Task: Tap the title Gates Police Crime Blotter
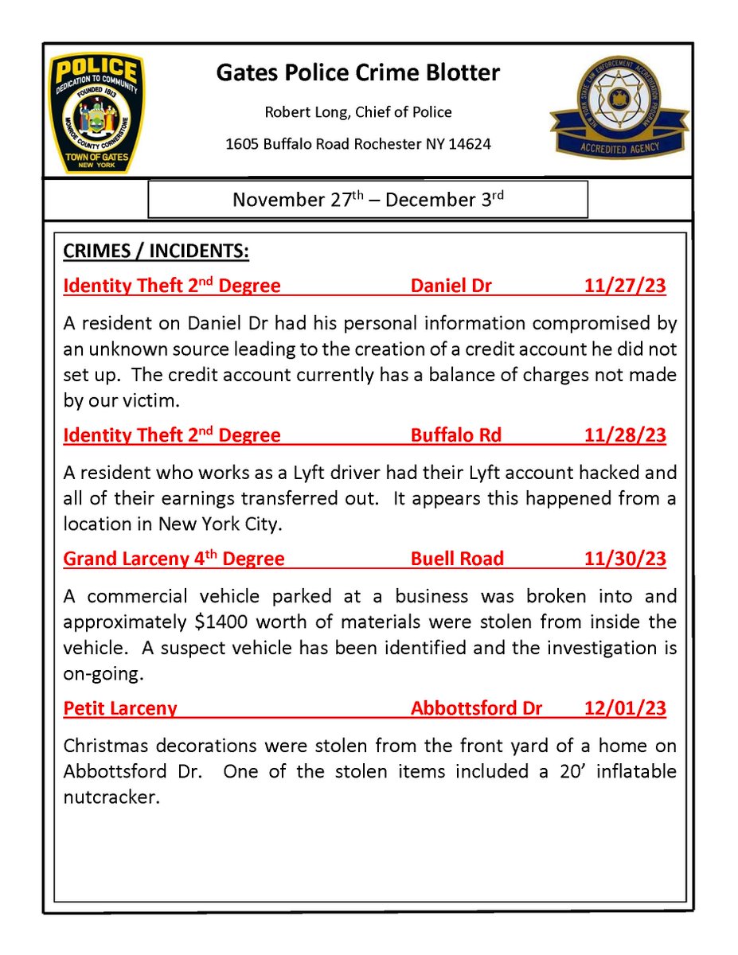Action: [358, 73]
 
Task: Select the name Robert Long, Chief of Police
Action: [358, 112]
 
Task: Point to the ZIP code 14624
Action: [467, 144]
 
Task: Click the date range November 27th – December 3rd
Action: [367, 199]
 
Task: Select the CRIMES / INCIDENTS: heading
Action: [156, 251]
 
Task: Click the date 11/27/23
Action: [625, 286]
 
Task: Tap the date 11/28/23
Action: [625, 435]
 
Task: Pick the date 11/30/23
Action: [625, 559]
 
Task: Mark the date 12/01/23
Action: [625, 708]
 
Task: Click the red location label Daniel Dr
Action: [451, 286]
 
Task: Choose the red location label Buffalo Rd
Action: [456, 435]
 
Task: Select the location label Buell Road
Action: [457, 559]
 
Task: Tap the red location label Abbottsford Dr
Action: [476, 708]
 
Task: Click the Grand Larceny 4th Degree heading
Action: [174, 559]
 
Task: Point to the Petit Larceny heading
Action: [120, 708]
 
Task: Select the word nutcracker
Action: [111, 797]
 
